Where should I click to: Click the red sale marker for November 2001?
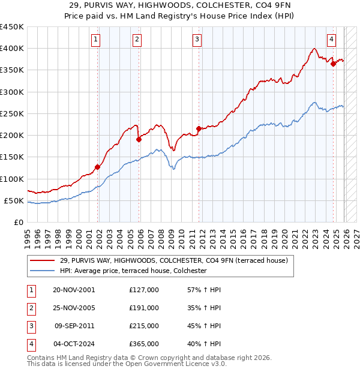tap(97, 167)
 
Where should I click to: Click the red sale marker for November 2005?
tap(139, 139)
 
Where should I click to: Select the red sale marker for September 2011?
tap(199, 128)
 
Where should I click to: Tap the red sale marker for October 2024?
tap(333, 64)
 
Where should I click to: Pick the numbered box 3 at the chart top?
tap(197, 40)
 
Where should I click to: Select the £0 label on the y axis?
tap(18, 223)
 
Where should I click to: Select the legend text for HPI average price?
tap(133, 271)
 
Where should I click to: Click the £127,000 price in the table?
tap(144, 289)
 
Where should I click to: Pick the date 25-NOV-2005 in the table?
tap(74, 307)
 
